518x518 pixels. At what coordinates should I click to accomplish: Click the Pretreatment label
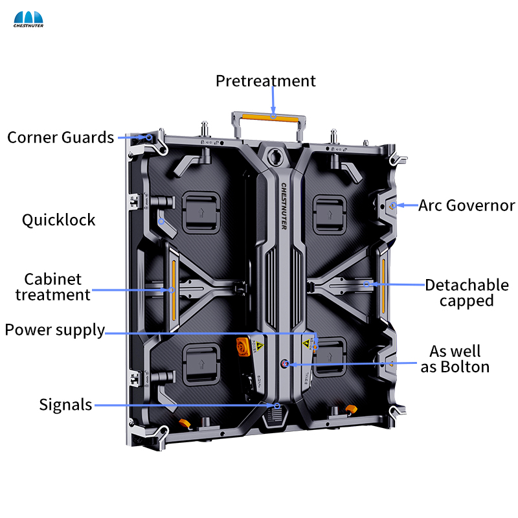(265, 81)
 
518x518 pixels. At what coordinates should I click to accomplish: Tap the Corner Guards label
(61, 137)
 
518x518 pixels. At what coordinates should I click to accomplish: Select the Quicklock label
(58, 220)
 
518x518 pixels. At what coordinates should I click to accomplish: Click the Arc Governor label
(466, 206)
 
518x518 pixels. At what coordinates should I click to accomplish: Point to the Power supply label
(54, 330)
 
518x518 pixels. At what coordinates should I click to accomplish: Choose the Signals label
(65, 405)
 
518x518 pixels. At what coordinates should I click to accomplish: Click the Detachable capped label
(466, 293)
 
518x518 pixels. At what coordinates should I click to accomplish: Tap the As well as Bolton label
(459, 359)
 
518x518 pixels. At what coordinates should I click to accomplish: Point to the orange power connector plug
(244, 346)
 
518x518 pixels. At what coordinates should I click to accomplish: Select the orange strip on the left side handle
(174, 278)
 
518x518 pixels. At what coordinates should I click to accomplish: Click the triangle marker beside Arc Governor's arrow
(392, 206)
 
